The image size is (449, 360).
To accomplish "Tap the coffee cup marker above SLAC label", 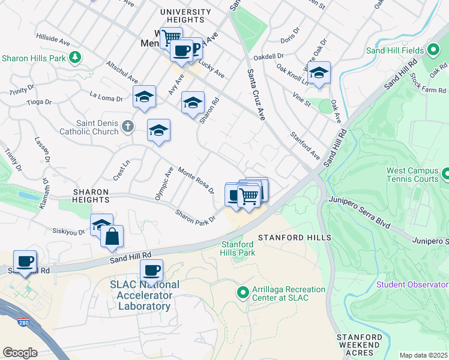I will click(x=152, y=270).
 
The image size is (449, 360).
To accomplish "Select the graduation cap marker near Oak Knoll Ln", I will click(x=319, y=73).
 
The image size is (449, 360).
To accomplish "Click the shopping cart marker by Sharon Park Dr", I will click(x=249, y=196).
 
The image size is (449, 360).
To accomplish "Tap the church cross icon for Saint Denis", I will click(x=127, y=126).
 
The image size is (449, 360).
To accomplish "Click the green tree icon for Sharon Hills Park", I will click(x=75, y=58).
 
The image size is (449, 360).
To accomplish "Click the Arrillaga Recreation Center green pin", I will click(x=243, y=293).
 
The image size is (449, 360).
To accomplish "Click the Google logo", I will click(x=20, y=353).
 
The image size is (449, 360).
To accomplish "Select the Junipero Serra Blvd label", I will click(x=358, y=214).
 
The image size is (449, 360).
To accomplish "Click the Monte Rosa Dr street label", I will click(x=196, y=180).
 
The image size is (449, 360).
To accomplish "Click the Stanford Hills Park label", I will click(x=238, y=248).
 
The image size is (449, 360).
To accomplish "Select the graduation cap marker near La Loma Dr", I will click(x=145, y=99).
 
